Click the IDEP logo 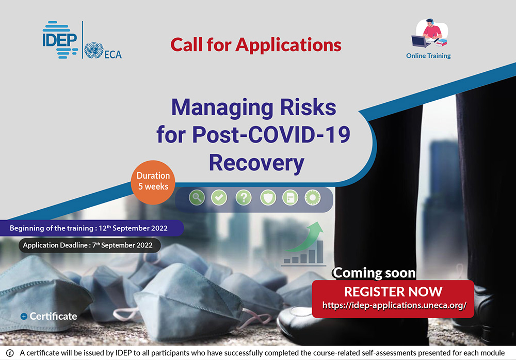pyautogui.click(x=60, y=40)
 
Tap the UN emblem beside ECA pyautogui.click(x=94, y=51)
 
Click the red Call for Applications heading pyautogui.click(x=256, y=45)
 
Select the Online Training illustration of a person pyautogui.click(x=430, y=33)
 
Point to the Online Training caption pyautogui.click(x=428, y=56)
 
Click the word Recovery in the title pyautogui.click(x=256, y=163)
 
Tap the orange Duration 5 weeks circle pyautogui.click(x=153, y=182)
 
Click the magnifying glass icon pyautogui.click(x=197, y=198)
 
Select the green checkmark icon pyautogui.click(x=219, y=198)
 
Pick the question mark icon pyautogui.click(x=244, y=198)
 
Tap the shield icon pyautogui.click(x=268, y=198)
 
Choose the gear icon pyautogui.click(x=313, y=198)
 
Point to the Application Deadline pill pyautogui.click(x=89, y=245)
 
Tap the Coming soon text pyautogui.click(x=374, y=273)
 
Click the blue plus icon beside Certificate pyautogui.click(x=24, y=316)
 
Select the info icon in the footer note pyautogui.click(x=10, y=353)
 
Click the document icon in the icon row pyautogui.click(x=290, y=198)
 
